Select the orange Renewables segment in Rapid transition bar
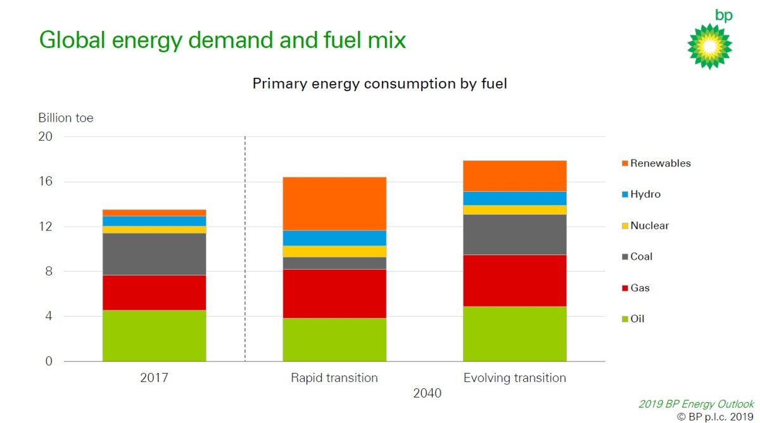point(334,203)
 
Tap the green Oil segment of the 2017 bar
point(154,336)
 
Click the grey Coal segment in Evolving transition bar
point(514,234)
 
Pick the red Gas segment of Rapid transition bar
point(334,293)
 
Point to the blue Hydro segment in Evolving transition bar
point(514,198)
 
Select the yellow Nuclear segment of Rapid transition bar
point(334,251)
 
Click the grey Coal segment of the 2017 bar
point(154,254)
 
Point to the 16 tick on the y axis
point(45,182)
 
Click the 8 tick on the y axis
point(48,272)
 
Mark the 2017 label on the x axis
point(154,378)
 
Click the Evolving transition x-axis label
point(514,378)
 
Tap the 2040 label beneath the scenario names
point(427,393)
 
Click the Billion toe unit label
point(66,118)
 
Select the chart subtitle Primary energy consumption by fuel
point(379,84)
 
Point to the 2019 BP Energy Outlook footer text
point(696,404)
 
